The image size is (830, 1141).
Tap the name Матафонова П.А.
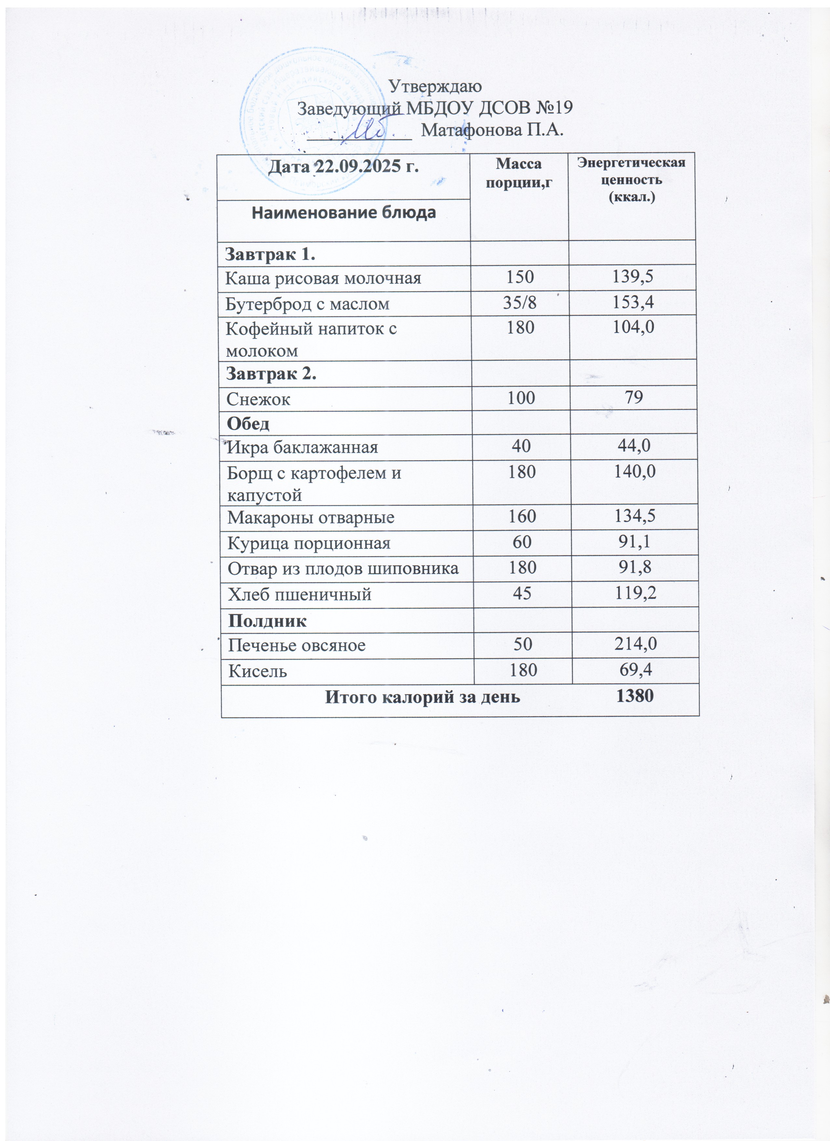[x=492, y=130]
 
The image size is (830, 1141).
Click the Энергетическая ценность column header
[x=632, y=180]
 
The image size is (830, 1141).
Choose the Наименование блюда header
[x=343, y=213]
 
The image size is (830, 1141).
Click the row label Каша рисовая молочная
[x=323, y=278]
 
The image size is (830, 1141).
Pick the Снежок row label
[x=258, y=399]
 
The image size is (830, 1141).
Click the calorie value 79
[x=634, y=397]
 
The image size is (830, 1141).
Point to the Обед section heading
[x=248, y=423]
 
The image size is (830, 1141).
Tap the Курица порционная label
[x=309, y=543]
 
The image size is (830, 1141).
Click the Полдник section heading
[x=267, y=621]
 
